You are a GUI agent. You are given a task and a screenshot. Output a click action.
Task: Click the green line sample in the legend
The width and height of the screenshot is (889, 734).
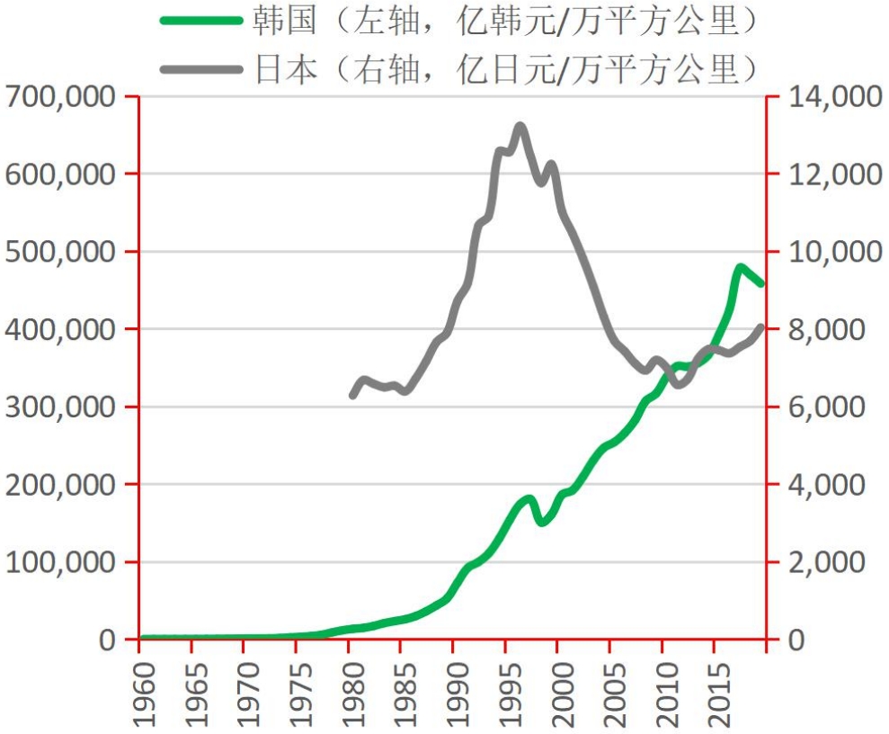point(201,22)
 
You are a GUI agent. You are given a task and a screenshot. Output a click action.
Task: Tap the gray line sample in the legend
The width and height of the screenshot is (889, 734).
point(201,68)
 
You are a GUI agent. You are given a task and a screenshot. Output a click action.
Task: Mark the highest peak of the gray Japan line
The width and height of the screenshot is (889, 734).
point(520,127)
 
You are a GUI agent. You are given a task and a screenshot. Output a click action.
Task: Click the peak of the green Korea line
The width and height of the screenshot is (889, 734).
point(740,267)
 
